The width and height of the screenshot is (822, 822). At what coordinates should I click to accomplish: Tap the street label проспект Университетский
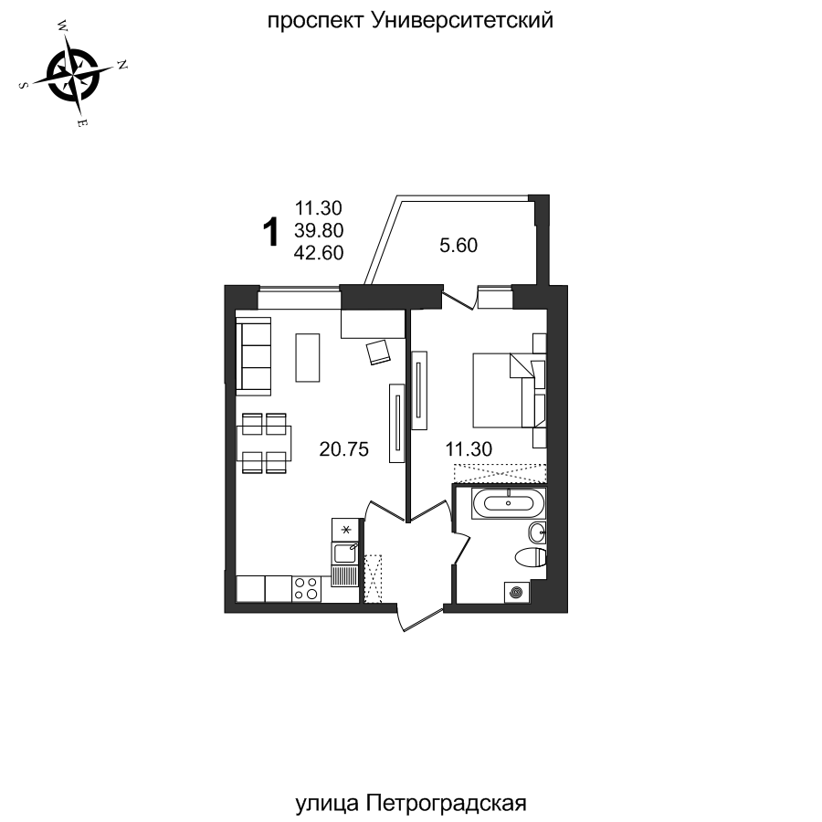[x=410, y=20]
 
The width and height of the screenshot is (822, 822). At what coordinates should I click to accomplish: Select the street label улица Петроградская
[x=412, y=804]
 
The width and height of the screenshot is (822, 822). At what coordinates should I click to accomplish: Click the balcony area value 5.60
[x=459, y=245]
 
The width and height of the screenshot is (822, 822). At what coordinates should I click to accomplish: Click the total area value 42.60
[x=319, y=254]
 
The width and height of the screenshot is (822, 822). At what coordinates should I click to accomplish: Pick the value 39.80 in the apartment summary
[x=319, y=231]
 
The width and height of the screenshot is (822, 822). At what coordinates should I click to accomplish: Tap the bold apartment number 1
[x=269, y=233]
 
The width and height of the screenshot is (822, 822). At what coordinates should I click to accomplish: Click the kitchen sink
[x=344, y=552]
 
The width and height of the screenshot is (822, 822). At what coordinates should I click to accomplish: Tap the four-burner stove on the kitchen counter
[x=307, y=588]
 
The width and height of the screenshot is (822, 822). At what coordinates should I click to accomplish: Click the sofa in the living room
[x=255, y=356]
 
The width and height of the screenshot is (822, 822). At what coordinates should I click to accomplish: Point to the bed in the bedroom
[x=507, y=390]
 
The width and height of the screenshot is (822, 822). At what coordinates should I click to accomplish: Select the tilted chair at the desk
[x=378, y=352]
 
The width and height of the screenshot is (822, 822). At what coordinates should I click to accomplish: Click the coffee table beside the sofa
[x=309, y=358]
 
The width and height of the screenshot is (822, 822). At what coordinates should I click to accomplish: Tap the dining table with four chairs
[x=264, y=444]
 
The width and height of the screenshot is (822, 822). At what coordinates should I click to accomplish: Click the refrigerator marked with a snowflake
[x=345, y=529]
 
